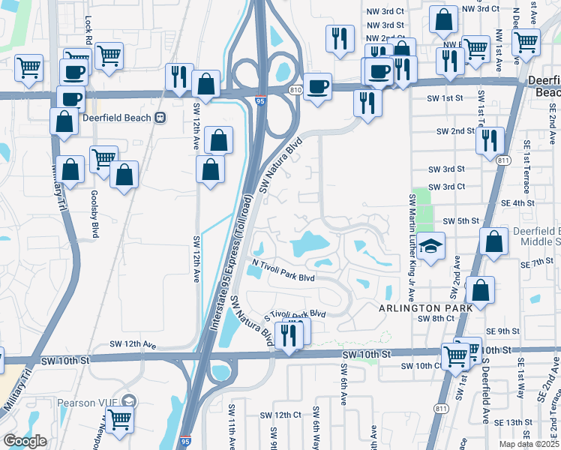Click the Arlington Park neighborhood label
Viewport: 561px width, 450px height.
[425, 307]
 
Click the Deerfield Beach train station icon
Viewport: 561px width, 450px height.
[160, 118]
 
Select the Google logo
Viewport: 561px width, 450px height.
[25, 441]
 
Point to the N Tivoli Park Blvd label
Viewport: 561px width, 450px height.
[282, 270]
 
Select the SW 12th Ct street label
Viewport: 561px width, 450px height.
[280, 415]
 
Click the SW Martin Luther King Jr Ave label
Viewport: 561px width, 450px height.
[411, 238]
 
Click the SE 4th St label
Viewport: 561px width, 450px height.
[517, 202]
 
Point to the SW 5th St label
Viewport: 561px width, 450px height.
[460, 221]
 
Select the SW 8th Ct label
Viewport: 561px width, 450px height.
[436, 319]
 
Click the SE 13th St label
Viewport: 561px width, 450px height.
[523, 422]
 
